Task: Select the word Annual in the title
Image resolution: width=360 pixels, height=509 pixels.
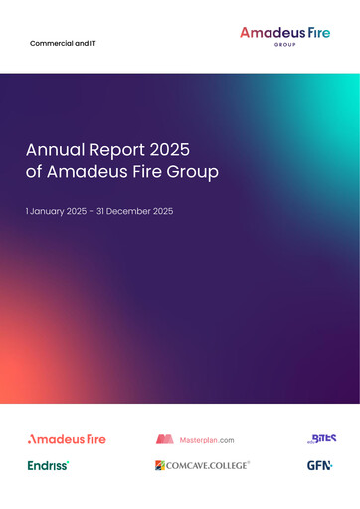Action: point(52,150)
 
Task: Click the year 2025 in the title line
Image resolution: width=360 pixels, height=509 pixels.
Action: point(164,150)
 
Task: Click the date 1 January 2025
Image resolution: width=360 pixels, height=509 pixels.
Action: point(62,213)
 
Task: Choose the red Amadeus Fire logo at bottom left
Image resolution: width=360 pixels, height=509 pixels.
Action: point(67,438)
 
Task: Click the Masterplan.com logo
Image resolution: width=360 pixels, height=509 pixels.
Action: point(195,438)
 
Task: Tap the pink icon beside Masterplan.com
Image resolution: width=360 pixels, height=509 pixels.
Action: point(165,438)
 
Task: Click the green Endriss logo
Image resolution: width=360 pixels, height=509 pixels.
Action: point(48,465)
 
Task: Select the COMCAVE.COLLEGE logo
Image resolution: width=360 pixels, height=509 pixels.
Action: point(202,465)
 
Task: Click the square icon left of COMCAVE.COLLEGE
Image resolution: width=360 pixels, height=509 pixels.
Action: point(160,465)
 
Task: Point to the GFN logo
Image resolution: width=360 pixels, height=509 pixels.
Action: point(319,465)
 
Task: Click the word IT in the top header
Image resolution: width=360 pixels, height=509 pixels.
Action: point(91,44)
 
